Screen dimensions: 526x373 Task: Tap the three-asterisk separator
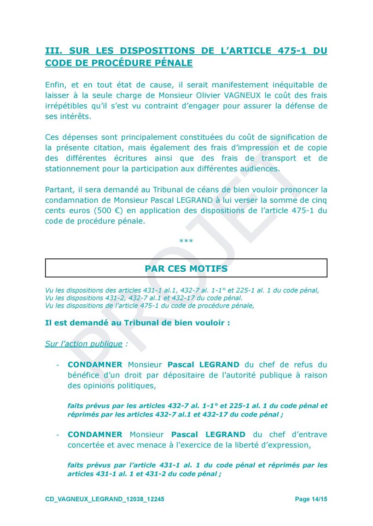click(186, 241)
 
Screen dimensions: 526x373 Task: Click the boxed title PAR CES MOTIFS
click(186, 268)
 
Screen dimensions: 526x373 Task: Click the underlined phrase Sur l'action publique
click(84, 344)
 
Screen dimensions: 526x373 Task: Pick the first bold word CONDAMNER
click(95, 365)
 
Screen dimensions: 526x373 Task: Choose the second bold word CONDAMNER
click(95, 435)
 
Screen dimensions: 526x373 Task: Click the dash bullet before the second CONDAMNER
click(58, 435)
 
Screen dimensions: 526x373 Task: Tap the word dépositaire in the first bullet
click(177, 375)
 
